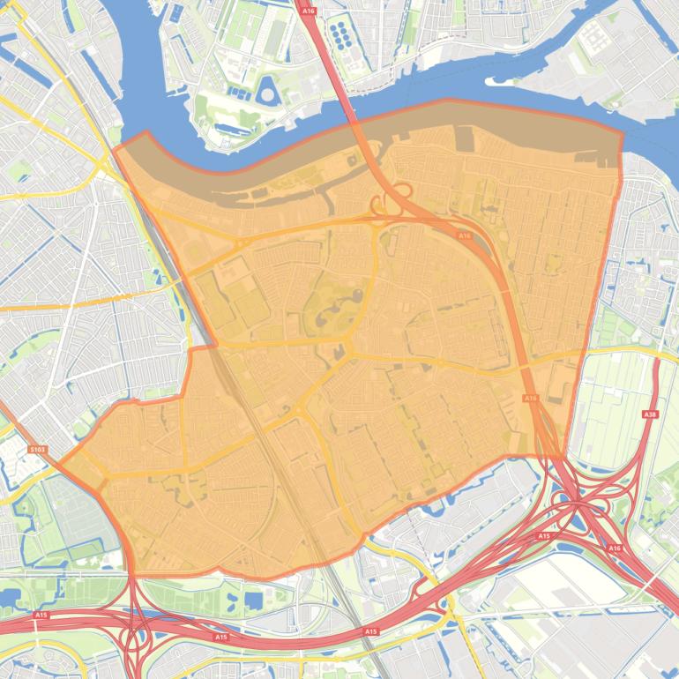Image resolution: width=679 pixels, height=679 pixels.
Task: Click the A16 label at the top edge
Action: pyautogui.click(x=309, y=11)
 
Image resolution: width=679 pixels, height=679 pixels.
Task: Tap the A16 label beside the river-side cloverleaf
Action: pyautogui.click(x=465, y=235)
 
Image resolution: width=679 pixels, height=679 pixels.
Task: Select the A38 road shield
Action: pyautogui.click(x=651, y=414)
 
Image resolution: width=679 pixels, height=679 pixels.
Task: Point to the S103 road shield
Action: pyautogui.click(x=37, y=450)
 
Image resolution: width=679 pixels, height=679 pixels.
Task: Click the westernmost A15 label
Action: pyautogui.click(x=41, y=615)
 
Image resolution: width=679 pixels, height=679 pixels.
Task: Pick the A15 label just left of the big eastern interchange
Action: pyautogui.click(x=543, y=536)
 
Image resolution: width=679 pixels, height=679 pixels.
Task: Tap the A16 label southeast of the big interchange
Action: pyautogui.click(x=614, y=548)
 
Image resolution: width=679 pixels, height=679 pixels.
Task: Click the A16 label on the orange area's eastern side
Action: pyautogui.click(x=530, y=399)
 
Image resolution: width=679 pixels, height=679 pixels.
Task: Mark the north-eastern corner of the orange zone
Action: pyautogui.click(x=622, y=135)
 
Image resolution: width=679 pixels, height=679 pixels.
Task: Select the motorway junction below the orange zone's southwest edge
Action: pyautogui.click(x=135, y=628)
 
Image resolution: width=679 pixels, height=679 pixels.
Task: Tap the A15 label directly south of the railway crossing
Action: pyautogui.click(x=370, y=631)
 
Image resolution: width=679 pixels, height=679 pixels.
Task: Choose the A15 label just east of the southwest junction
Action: pyautogui.click(x=220, y=636)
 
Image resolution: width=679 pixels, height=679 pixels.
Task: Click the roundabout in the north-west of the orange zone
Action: pyautogui.click(x=240, y=242)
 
